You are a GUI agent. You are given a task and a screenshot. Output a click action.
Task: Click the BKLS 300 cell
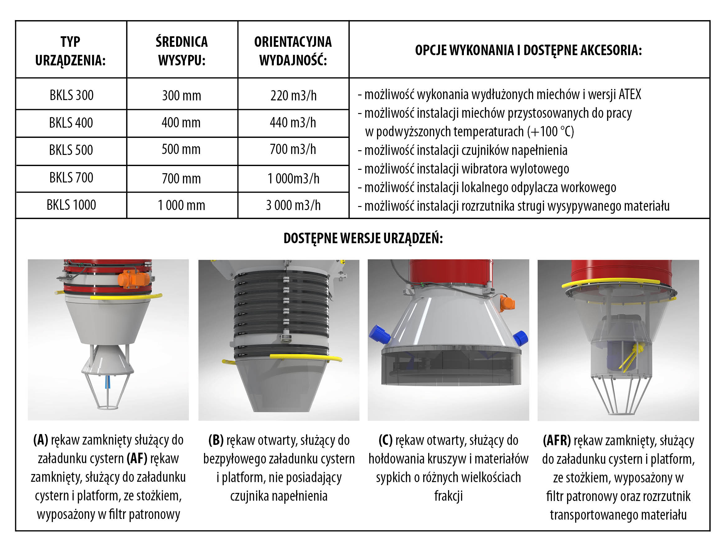pyautogui.click(x=71, y=95)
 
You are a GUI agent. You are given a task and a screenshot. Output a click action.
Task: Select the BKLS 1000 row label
pyautogui.click(x=71, y=205)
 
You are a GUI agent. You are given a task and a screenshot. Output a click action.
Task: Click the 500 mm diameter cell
pyautogui.click(x=181, y=149)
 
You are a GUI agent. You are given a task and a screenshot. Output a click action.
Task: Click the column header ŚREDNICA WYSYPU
pyautogui.click(x=182, y=51)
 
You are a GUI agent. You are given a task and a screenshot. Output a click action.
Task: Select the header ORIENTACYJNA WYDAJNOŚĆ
pyautogui.click(x=293, y=51)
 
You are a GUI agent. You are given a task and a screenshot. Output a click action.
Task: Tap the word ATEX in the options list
pyautogui.click(x=630, y=94)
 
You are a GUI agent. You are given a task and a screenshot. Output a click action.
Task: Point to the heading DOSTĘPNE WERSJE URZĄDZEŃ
pyautogui.click(x=363, y=238)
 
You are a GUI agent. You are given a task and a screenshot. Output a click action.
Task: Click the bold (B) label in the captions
pyautogui.click(x=216, y=440)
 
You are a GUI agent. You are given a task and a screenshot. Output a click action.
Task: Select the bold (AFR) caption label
pyautogui.click(x=557, y=440)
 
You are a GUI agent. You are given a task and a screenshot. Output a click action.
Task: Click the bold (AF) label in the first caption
pyautogui.click(x=137, y=459)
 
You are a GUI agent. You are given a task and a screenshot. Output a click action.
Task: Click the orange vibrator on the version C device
pyautogui.click(x=507, y=303)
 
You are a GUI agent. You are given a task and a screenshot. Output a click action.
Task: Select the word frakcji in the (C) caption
pyautogui.click(x=448, y=496)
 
